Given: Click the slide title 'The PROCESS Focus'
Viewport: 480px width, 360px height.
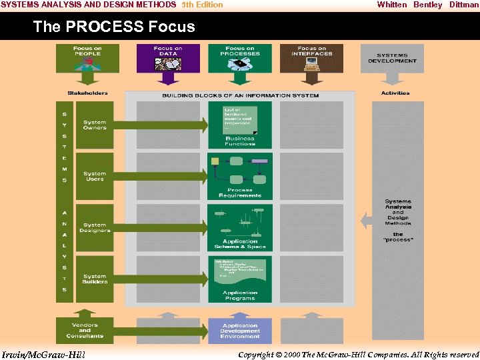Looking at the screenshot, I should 114,27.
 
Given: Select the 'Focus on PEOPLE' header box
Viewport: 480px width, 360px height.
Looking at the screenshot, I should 87,58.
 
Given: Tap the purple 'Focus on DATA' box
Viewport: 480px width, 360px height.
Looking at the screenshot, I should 168,58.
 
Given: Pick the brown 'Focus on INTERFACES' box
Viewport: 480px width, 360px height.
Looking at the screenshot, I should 311,58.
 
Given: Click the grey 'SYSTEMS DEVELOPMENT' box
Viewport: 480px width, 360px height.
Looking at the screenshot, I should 392,59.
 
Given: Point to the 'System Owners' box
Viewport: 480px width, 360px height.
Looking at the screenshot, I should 95,125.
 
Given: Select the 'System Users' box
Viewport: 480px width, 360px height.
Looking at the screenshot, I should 95,177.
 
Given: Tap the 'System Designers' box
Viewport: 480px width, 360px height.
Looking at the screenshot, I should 95,228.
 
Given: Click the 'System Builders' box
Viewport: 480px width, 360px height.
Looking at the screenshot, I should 95,279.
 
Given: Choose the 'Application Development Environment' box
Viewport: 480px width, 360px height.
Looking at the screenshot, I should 240,331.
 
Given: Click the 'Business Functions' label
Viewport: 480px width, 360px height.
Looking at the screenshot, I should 240,141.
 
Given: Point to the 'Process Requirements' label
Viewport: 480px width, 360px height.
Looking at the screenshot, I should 240,193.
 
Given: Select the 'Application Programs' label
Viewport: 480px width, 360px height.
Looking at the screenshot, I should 240,295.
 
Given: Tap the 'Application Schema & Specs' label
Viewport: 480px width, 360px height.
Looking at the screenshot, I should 240,244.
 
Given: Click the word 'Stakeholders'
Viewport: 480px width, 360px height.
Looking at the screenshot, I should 87,93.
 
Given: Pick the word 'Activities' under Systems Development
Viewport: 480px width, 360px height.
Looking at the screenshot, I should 395,93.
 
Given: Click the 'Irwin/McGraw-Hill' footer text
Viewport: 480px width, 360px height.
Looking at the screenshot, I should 44,354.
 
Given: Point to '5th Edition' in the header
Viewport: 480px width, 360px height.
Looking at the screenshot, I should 203,5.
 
